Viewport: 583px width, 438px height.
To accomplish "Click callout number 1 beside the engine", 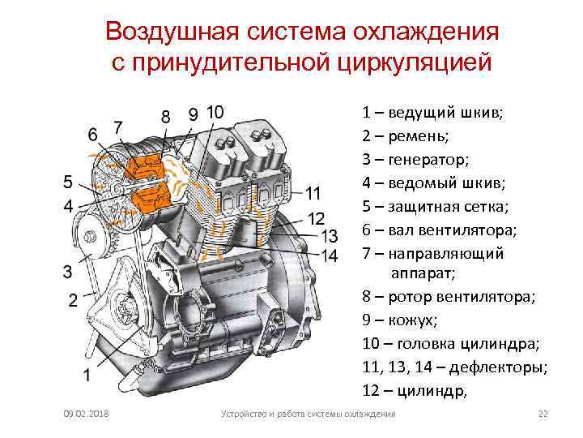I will [x=87, y=375].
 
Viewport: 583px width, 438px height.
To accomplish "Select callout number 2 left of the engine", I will [x=72, y=301].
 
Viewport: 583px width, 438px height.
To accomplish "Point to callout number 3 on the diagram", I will [x=68, y=269].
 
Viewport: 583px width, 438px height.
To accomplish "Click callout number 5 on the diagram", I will [x=68, y=180].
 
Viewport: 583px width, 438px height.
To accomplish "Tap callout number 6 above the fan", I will [x=94, y=133].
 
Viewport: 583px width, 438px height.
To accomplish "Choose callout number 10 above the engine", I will [x=216, y=112].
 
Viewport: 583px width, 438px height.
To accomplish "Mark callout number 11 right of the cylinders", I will [x=314, y=193].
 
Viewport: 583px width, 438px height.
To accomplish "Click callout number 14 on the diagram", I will [x=329, y=255].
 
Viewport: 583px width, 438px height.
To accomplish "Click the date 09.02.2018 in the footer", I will [x=87, y=414].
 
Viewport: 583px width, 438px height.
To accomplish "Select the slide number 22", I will [x=543, y=414].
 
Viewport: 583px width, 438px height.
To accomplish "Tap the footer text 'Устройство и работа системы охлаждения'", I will [x=309, y=414].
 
